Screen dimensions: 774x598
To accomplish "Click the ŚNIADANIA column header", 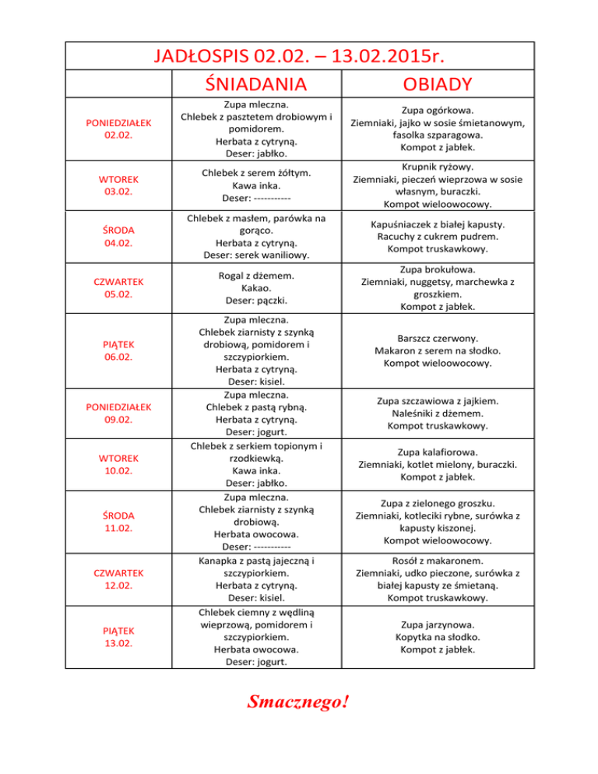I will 255,83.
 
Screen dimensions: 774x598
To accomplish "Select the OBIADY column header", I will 438,83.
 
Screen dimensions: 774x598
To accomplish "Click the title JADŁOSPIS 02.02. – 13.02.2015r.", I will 299,56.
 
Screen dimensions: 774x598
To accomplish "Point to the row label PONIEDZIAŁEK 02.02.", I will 119,128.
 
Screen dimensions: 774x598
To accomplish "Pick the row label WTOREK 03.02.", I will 119,186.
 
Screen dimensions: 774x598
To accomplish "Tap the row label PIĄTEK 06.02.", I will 119,350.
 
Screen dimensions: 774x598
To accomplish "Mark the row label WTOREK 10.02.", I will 119,464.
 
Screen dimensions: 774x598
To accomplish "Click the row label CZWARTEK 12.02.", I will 119,579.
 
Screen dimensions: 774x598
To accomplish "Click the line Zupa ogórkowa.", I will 438,110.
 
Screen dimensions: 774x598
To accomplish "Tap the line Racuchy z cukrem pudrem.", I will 438,236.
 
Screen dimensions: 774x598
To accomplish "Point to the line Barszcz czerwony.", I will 438,338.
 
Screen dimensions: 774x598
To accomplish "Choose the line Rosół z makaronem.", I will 438,560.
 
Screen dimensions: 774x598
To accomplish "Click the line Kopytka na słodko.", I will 438,636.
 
